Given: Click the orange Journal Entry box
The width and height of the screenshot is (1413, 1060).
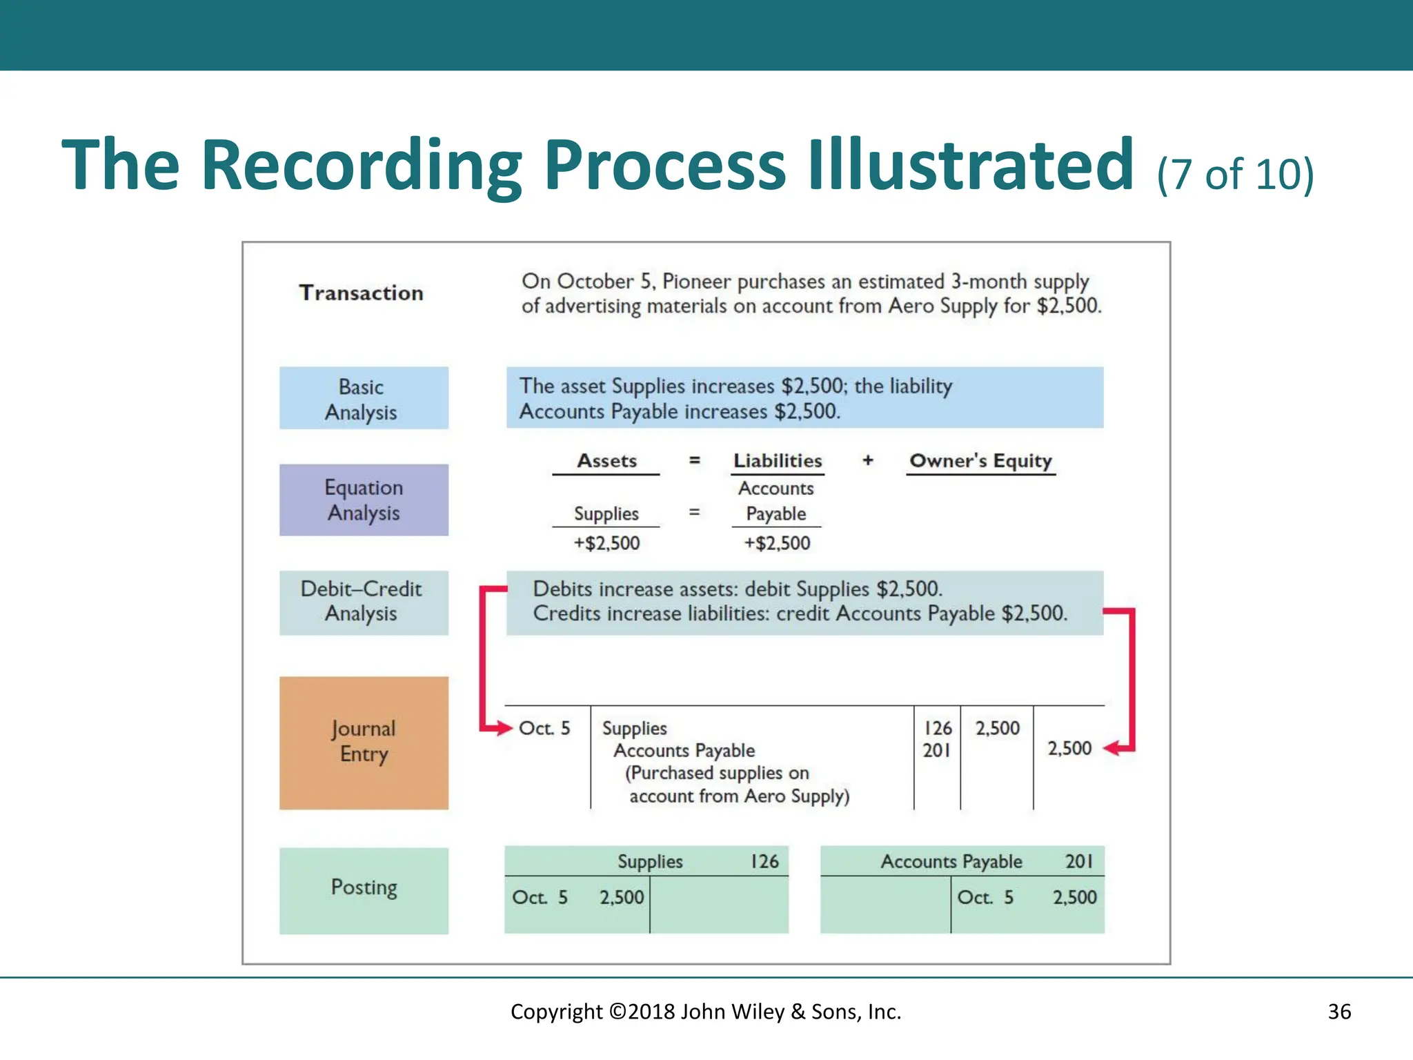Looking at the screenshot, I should coord(364,743).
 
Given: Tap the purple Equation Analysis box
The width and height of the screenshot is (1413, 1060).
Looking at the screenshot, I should coord(364,500).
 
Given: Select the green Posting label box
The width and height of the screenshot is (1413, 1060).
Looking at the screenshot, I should coord(364,890).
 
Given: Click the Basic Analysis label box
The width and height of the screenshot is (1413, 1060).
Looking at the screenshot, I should coord(364,398).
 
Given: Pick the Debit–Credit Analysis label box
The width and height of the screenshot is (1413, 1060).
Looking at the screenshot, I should coord(364,602).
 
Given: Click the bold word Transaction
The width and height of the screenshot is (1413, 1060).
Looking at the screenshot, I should coord(361,293).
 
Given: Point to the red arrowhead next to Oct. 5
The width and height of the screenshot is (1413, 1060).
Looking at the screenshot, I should coord(503,727).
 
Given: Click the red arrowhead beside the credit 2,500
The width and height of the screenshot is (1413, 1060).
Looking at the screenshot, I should coord(1111,748).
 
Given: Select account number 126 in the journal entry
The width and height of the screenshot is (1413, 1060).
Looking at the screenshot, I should coord(937,728).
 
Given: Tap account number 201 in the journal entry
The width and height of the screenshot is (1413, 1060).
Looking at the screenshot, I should coord(936,750).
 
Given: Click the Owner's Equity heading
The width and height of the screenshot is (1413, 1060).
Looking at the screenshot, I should coord(980,461).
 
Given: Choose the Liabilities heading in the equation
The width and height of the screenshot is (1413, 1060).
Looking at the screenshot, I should coord(778,461).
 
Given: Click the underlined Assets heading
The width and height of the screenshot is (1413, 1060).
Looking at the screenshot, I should coord(606,461).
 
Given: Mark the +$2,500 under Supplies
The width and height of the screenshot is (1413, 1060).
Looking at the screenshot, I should coord(606,543).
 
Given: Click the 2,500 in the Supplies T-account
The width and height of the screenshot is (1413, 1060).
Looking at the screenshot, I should coord(621,897).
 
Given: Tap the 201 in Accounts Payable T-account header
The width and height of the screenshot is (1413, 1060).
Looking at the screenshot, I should coord(1078,861).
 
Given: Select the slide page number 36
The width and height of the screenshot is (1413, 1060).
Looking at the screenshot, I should coord(1339,1012).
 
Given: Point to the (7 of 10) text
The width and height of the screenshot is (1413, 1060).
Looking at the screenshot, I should coord(1235,174).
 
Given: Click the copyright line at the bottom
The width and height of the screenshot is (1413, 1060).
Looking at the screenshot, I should coord(706,1012).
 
